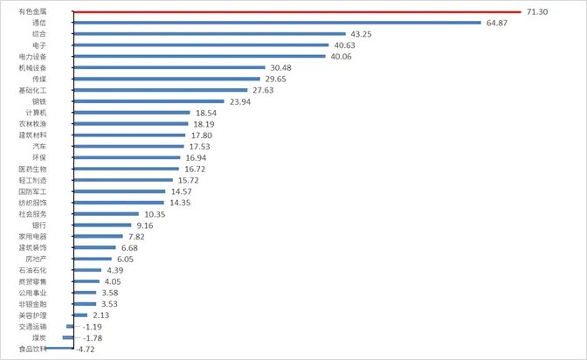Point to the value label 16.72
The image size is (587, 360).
click(196, 169)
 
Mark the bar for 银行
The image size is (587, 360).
click(100, 225)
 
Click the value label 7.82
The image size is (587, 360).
click(136, 237)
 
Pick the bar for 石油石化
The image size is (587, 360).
click(86, 270)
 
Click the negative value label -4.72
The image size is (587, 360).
click(86, 350)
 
